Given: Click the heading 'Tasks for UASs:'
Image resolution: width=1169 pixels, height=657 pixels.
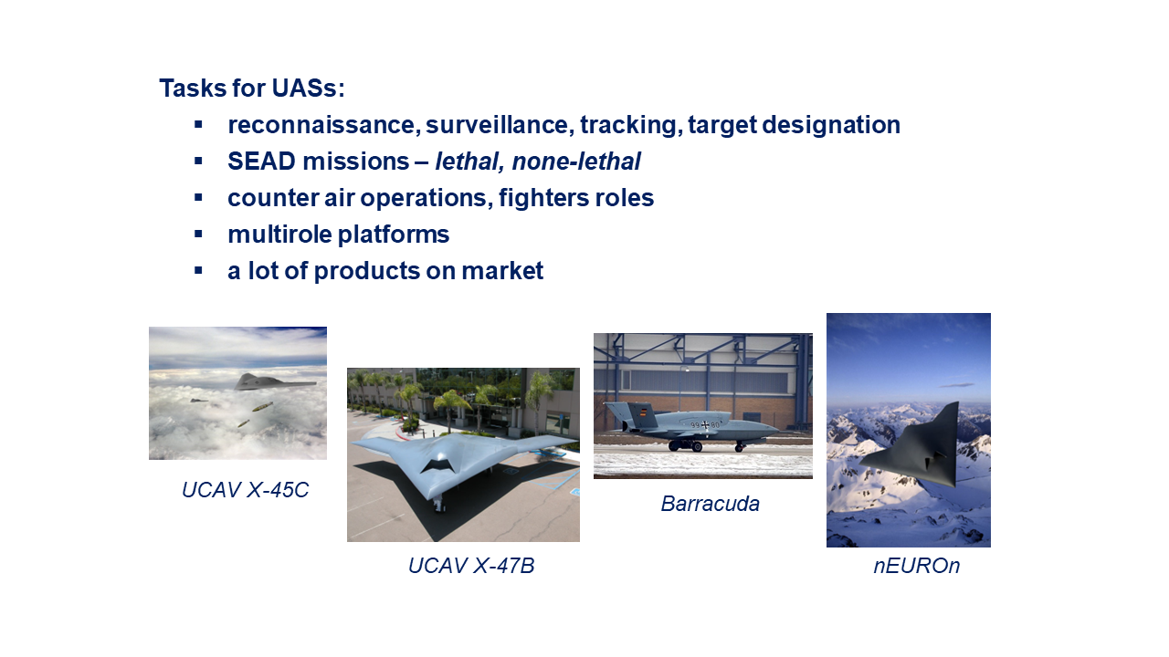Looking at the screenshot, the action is pos(252,88).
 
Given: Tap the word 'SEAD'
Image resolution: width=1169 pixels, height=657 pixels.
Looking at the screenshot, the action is pos(261,162).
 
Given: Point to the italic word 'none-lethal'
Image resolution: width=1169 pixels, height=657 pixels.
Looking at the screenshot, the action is pos(576,162).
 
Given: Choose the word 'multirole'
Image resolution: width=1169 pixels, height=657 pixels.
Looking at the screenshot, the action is pos(279,235).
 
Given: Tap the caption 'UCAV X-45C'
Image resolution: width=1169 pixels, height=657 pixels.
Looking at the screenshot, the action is pos(246,490).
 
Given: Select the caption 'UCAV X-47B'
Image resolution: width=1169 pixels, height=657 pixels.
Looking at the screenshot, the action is pos(471,566).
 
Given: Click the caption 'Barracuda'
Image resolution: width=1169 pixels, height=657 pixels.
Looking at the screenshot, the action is pos(711,504).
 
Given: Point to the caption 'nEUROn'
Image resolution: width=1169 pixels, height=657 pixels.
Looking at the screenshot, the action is pos(917,566).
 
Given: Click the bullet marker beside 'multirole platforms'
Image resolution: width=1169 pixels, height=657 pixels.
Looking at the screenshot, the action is pos(198,235).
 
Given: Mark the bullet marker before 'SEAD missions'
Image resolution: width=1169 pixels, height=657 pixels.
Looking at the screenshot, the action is pos(198,162).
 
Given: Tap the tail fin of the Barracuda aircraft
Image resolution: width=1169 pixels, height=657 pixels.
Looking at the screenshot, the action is pos(641,415).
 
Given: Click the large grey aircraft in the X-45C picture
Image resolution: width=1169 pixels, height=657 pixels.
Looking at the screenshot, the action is pos(274,382).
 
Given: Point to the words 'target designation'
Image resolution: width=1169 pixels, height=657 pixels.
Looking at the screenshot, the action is pos(795,125).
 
